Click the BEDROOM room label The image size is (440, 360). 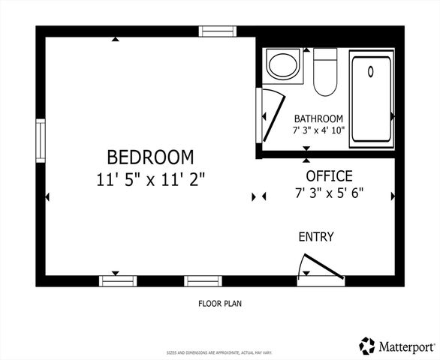click(x=150, y=157)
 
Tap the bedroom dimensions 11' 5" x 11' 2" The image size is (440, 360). click(x=150, y=179)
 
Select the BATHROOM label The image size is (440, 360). click(x=318, y=118)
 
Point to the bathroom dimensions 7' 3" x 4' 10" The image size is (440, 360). click(x=318, y=130)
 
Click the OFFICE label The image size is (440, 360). click(x=328, y=176)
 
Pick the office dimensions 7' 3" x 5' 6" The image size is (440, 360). click(x=328, y=193)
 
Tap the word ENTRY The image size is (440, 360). click(x=316, y=237)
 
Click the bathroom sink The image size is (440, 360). click(x=283, y=65)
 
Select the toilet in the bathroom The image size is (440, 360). click(x=324, y=73)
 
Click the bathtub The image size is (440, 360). click(x=372, y=96)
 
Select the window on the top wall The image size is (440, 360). click(x=218, y=31)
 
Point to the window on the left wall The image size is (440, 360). click(x=41, y=139)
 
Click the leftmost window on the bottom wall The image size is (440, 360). click(x=119, y=281)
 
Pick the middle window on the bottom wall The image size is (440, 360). click(x=203, y=281)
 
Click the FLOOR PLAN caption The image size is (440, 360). click(x=220, y=304)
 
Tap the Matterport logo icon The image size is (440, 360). click(x=367, y=345)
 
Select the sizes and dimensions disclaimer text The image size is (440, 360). click(x=219, y=352)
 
